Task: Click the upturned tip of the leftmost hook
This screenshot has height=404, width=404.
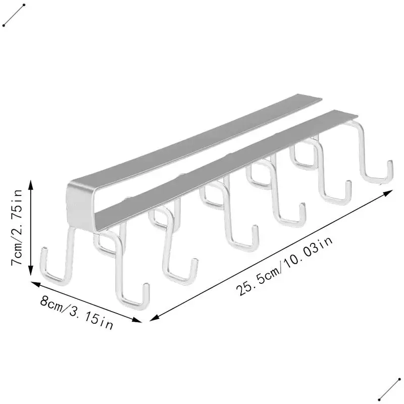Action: coord(43,255)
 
